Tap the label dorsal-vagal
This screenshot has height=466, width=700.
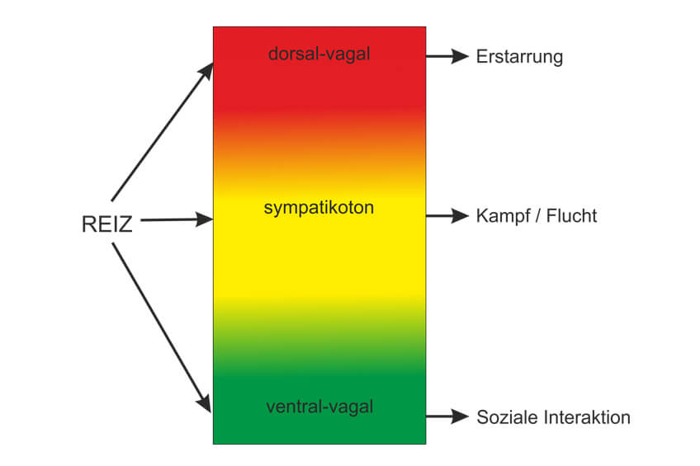pyautogui.click(x=319, y=54)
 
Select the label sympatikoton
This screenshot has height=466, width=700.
pyautogui.click(x=319, y=208)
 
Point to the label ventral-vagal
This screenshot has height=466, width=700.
pyautogui.click(x=319, y=407)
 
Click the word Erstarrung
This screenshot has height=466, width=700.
pyautogui.click(x=519, y=57)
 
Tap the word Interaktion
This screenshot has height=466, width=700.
pyautogui.click(x=589, y=417)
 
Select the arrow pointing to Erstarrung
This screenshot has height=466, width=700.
pyautogui.click(x=447, y=57)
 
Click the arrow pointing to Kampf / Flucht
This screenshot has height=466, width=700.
pyautogui.click(x=447, y=216)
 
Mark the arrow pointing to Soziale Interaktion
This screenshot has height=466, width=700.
pyautogui.click(x=447, y=417)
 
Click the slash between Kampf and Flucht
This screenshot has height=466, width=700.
pyautogui.click(x=538, y=216)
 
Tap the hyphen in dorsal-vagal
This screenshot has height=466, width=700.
pyautogui.click(x=321, y=55)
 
